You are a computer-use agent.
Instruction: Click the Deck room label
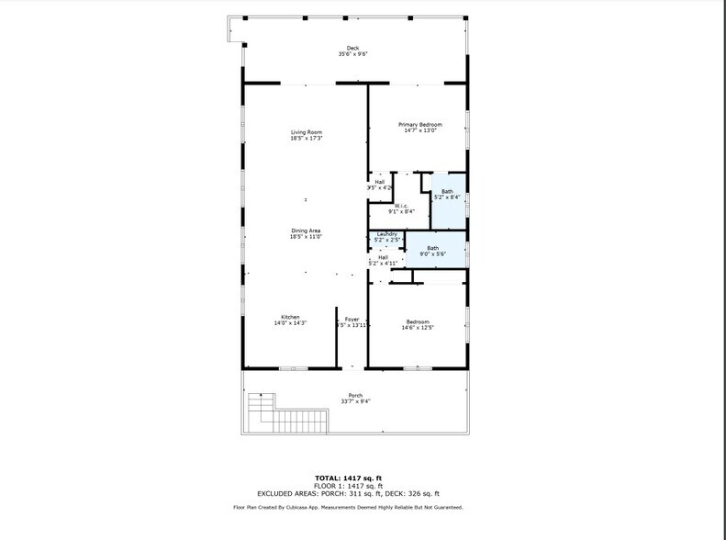click(x=352, y=49)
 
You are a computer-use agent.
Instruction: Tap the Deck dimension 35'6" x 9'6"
click(x=352, y=55)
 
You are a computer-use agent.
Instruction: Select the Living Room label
click(x=307, y=132)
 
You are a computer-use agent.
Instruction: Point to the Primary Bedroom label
click(x=419, y=124)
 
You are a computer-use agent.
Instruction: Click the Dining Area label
click(x=307, y=231)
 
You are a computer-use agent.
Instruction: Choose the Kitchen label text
click(x=290, y=317)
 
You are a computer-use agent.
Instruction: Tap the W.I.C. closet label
click(x=401, y=206)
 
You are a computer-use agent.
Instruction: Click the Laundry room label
click(x=386, y=234)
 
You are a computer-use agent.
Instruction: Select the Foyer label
click(x=352, y=319)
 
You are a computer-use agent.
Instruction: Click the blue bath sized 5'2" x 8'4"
click(x=448, y=194)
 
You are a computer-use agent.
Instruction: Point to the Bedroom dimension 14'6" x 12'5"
click(x=419, y=327)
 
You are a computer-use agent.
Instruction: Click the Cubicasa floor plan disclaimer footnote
click(x=349, y=507)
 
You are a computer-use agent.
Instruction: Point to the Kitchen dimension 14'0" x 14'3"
click(x=290, y=323)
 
